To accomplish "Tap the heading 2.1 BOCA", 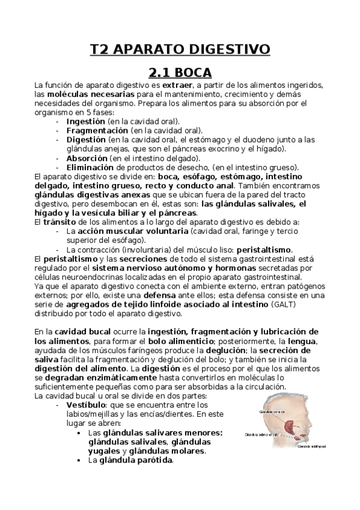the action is pyautogui.click(x=180, y=73).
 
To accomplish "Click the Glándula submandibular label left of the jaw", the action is pyautogui.click(x=261, y=433).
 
